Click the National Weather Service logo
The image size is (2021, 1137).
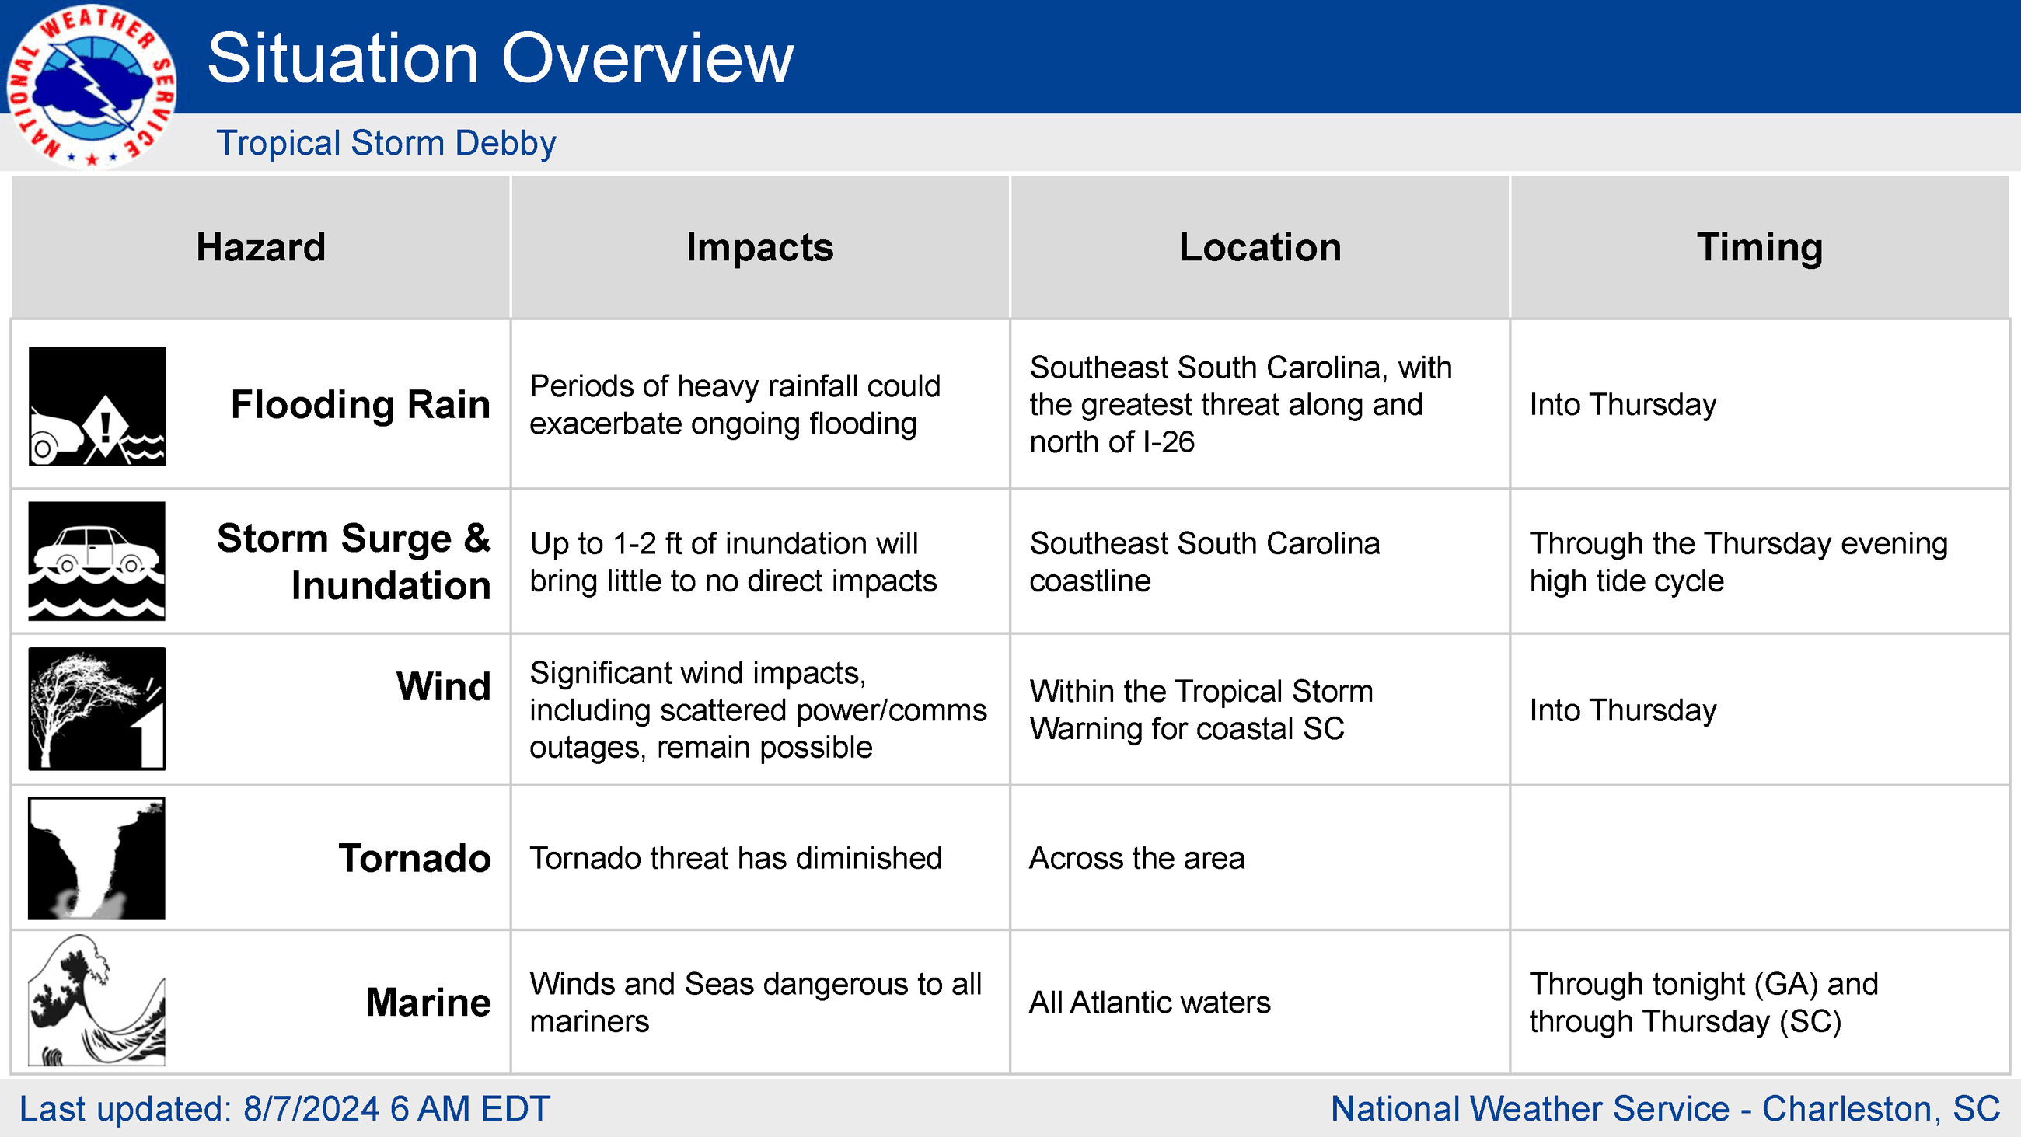point(91,85)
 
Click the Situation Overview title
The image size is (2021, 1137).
point(501,58)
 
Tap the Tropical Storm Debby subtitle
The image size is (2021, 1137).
point(386,143)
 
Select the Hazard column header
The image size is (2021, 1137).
point(260,247)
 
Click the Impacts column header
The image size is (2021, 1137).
point(759,247)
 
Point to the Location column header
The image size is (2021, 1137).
point(1260,247)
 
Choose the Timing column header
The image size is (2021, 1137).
point(1760,247)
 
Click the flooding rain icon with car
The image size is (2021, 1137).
point(97,406)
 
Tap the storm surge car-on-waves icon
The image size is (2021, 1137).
point(97,561)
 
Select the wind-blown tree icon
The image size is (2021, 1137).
point(97,709)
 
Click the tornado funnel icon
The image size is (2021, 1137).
point(97,859)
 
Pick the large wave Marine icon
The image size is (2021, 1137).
point(97,1000)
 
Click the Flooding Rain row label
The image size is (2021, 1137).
point(360,405)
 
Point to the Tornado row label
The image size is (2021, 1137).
point(414,859)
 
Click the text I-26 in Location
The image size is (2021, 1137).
point(1169,442)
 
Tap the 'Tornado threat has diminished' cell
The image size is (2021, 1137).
point(736,859)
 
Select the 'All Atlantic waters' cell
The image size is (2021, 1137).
point(1150,1003)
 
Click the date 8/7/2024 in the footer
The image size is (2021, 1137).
point(312,1110)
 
